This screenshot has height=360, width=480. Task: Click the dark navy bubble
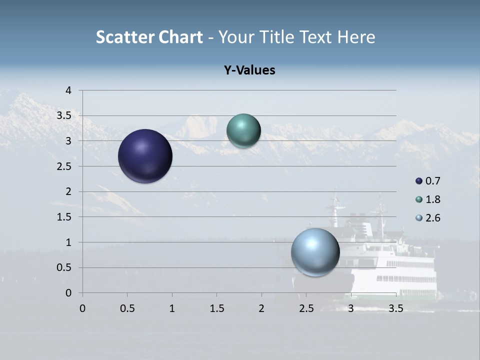(145, 156)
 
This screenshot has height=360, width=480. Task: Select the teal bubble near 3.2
(243, 130)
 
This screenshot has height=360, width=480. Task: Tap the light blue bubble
(315, 252)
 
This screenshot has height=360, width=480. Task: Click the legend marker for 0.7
(419, 181)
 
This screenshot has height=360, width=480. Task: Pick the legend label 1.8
(432, 199)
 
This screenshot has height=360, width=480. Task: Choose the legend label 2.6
(432, 218)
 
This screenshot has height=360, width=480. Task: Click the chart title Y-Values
(249, 70)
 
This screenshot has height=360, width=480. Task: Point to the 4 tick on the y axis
(69, 90)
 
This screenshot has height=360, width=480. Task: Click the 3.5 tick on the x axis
(395, 308)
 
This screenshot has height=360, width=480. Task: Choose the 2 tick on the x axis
(261, 308)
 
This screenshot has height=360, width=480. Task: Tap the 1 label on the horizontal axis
(172, 308)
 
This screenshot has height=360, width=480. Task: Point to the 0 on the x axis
(82, 308)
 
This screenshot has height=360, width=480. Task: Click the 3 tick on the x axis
(351, 308)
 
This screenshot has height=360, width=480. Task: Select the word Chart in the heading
(180, 37)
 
